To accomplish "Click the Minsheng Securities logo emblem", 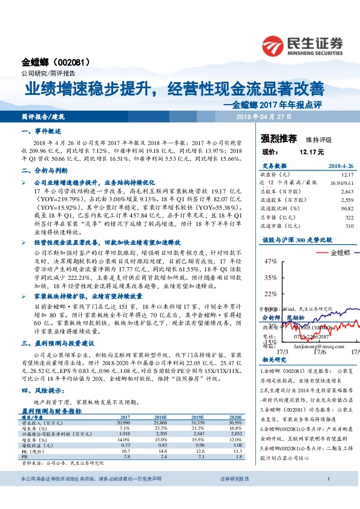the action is click(275, 44).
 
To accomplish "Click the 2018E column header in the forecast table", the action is click(162, 418).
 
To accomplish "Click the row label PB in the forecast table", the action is click(25, 456).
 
